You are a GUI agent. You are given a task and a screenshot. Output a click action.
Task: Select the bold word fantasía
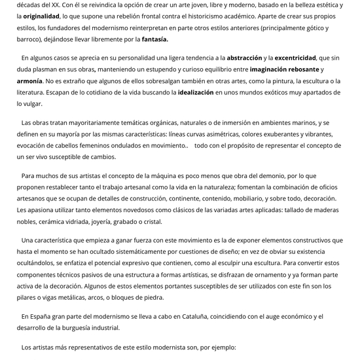[x=151, y=39]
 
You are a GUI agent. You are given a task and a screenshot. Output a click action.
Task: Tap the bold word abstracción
[x=240, y=58]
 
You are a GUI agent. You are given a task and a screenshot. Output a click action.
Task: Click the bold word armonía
[x=29, y=81]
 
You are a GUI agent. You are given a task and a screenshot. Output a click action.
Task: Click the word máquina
[x=169, y=175]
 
